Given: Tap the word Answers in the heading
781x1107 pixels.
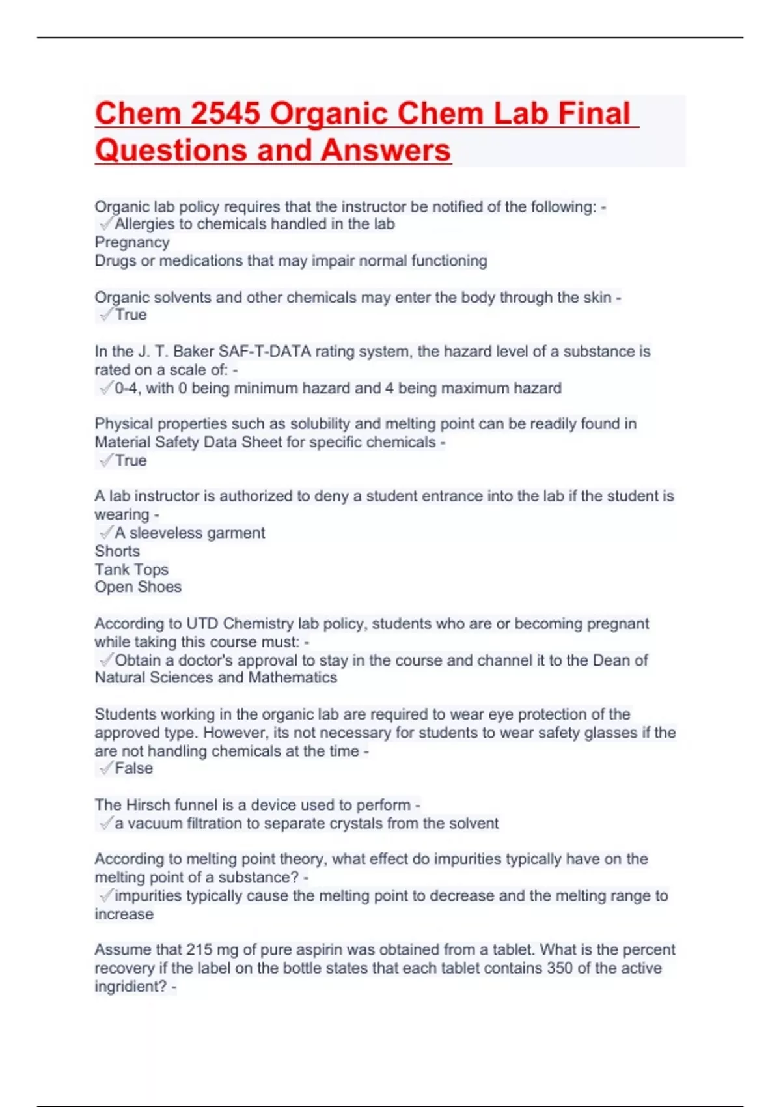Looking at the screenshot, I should pos(385,150).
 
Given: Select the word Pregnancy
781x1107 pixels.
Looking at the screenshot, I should pos(132,242).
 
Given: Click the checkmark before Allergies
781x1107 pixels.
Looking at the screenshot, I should pos(105,224).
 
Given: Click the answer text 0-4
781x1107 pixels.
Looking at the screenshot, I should pos(126,389).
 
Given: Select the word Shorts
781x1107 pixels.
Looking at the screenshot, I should pos(117,551).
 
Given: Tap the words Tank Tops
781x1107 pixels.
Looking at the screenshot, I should pos(131,569).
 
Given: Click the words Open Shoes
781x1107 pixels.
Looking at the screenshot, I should pos(138,587).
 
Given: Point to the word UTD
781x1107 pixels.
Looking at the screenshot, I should pos(202,624).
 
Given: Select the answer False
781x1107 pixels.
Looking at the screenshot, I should pos(134,768).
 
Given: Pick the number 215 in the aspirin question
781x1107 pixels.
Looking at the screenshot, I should pos(199,950).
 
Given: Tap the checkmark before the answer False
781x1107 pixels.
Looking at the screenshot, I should pos(105,768).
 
